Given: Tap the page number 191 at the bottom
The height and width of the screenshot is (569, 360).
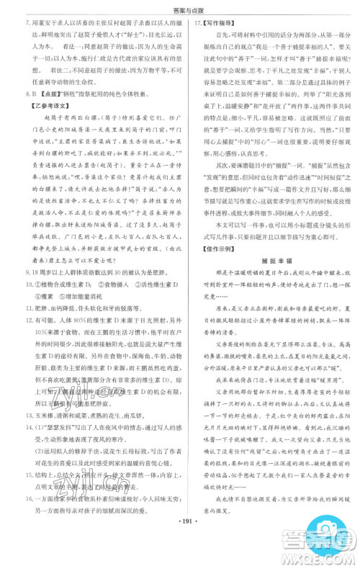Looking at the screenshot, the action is pos(180,558).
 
